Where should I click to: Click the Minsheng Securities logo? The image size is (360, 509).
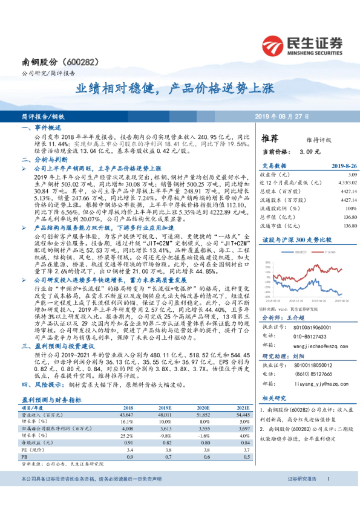(x=302, y=44)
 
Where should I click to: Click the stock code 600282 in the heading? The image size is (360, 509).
(x=79, y=63)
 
